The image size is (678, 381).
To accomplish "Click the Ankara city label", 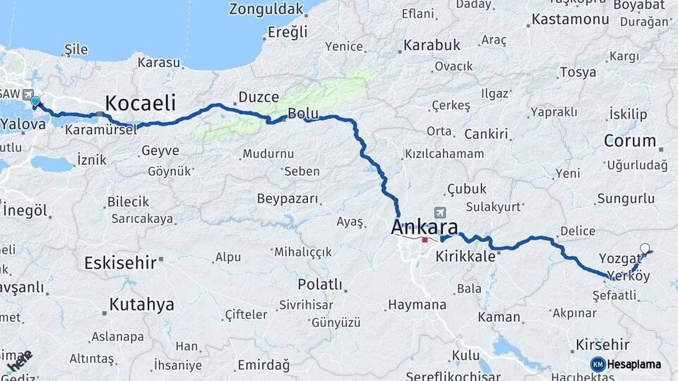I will click(x=424, y=227).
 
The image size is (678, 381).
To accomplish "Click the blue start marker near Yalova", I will click(x=35, y=102).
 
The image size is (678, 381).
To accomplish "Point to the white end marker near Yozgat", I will click(x=644, y=248).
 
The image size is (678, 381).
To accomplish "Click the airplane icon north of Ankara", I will click(x=441, y=212).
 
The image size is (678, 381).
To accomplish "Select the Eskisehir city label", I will click(x=119, y=263).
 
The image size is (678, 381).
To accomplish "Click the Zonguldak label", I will click(x=266, y=9).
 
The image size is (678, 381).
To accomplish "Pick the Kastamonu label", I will click(x=570, y=19).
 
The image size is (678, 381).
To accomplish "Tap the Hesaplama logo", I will click(x=626, y=364).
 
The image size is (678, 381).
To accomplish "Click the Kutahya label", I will click(x=141, y=305).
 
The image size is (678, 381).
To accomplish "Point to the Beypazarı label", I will click(x=287, y=198).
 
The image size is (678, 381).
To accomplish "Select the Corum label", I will click(x=629, y=140).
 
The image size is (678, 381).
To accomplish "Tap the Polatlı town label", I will click(x=319, y=284).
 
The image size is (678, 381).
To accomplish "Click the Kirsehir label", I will click(x=602, y=344).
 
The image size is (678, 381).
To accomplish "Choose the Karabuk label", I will click(x=432, y=45).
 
